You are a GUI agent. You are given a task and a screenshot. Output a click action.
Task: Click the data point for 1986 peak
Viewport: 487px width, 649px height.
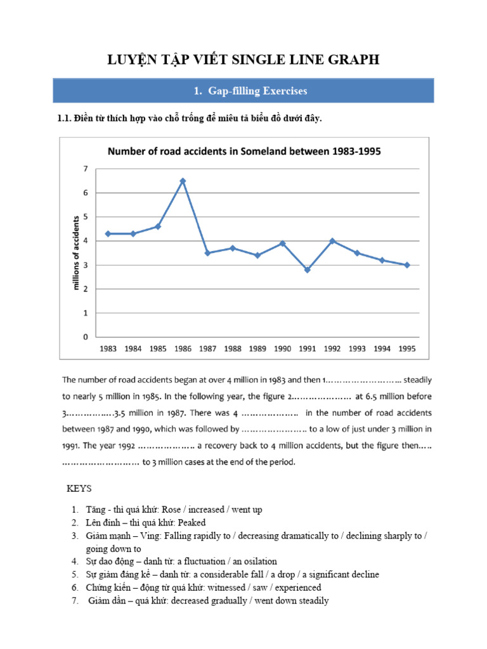coord(183,181)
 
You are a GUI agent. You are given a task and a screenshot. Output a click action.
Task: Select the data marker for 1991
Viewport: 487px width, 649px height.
coord(307,270)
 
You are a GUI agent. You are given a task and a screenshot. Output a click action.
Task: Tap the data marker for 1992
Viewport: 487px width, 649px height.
coord(332,241)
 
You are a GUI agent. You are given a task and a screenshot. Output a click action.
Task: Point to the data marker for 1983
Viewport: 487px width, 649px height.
coord(108,234)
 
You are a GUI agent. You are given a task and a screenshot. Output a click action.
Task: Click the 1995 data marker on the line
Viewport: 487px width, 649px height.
coord(407,265)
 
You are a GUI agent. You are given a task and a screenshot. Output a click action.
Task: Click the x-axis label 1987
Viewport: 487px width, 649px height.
coord(207,349)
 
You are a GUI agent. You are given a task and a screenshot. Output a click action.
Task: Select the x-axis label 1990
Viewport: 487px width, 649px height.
coord(282,349)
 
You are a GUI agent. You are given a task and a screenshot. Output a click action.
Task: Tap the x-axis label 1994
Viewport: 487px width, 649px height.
coord(382,349)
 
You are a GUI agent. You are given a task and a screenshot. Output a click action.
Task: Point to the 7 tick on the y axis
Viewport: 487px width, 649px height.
coord(84,169)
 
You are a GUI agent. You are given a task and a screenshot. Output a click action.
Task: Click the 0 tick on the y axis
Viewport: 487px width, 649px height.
coord(84,337)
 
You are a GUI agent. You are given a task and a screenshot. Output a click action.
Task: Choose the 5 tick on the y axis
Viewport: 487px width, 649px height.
coord(84,217)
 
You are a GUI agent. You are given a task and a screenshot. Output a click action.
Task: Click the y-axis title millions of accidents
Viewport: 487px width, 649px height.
coord(77,253)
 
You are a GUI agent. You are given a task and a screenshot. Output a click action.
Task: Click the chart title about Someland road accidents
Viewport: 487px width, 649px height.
coord(244,151)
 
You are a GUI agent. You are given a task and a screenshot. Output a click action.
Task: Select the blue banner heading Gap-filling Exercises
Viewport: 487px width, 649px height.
coord(243,91)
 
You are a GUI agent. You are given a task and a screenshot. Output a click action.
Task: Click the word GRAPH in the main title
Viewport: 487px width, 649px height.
coord(355,60)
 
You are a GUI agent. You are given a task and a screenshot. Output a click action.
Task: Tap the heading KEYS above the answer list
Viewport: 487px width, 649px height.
coord(79,489)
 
